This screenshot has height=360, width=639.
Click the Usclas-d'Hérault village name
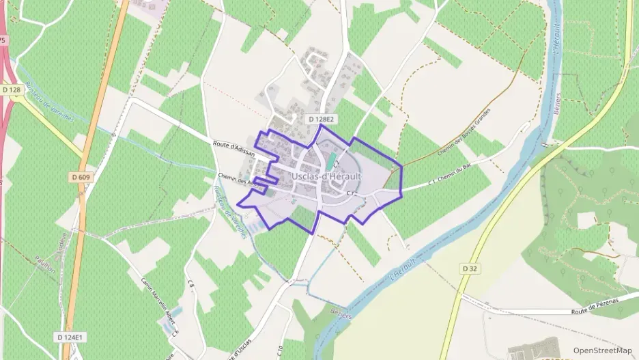pyautogui.click(x=326, y=176)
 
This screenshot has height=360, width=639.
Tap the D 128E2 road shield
pyautogui.click(x=319, y=119)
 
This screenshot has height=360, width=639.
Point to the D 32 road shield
pyautogui.click(x=469, y=268)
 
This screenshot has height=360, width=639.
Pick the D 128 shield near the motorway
pyautogui.click(x=10, y=89)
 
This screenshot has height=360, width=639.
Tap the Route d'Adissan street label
pyautogui.click(x=233, y=148)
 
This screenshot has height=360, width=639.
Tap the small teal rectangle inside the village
pyautogui.click(x=332, y=163)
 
